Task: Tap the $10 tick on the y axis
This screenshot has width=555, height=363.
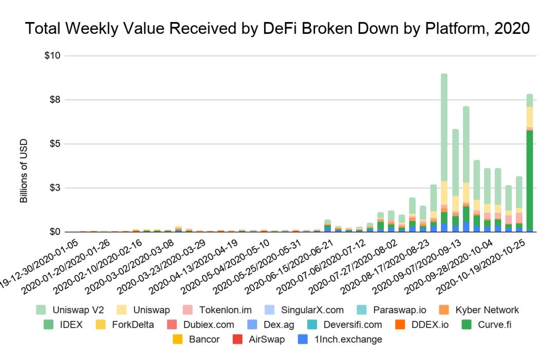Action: pos(52,56)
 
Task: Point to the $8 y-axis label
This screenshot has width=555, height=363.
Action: pos(54,100)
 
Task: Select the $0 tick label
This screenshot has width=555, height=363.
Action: pos(54,232)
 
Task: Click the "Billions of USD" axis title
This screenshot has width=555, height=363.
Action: pos(24,171)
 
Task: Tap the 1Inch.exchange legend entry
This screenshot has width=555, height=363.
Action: pos(340,339)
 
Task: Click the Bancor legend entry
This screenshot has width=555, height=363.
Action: pos(197,339)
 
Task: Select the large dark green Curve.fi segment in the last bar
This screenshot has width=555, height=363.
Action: pos(529,180)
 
